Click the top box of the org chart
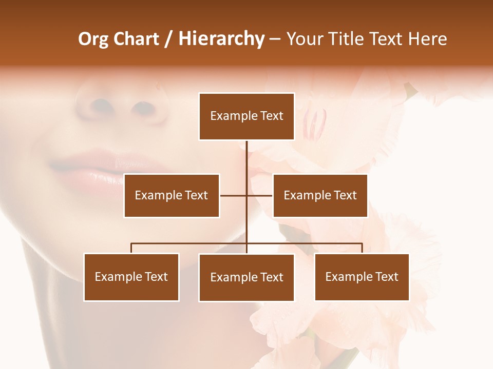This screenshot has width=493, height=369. point(246,116)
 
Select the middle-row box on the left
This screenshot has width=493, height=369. point(172,195)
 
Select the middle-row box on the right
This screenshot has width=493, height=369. point(320,195)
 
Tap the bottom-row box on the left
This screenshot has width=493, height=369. point(131,277)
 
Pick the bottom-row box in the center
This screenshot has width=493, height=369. point(246,277)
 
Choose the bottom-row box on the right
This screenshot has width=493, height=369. point(362,277)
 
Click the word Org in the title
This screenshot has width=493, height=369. point(93,39)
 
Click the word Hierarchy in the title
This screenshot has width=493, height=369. point(221,39)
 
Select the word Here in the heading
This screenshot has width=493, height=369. point(427,39)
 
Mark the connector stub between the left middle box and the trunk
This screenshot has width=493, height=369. point(233,195)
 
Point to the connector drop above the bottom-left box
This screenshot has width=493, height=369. point(131,248)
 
